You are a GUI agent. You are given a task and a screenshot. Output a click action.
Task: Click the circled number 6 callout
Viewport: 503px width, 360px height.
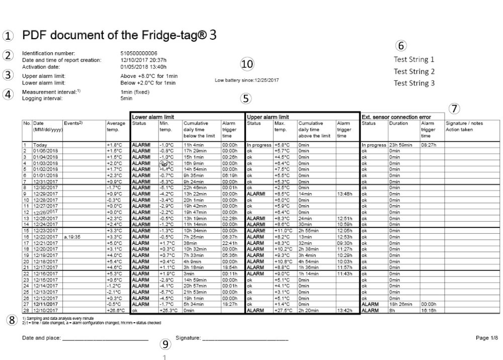click(401, 46)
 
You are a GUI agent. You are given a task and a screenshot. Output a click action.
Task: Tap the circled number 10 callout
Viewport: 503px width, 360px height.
click(247, 64)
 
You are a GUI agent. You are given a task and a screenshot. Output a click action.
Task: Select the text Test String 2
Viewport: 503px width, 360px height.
click(414, 71)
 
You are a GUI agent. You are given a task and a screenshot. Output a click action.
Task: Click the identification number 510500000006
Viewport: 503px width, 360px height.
click(139, 53)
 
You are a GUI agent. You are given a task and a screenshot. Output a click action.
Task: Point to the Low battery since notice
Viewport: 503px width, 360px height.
click(246, 80)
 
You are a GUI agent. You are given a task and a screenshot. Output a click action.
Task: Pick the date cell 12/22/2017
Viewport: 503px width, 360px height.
click(45, 237)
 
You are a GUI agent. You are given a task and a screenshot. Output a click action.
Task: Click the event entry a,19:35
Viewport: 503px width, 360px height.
click(72, 237)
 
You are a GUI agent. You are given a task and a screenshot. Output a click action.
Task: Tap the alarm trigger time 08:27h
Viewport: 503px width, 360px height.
click(429, 145)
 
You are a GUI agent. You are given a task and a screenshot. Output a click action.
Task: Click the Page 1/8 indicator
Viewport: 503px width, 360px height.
click(486, 338)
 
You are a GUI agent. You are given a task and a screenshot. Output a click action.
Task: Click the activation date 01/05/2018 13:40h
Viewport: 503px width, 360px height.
click(143, 66)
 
